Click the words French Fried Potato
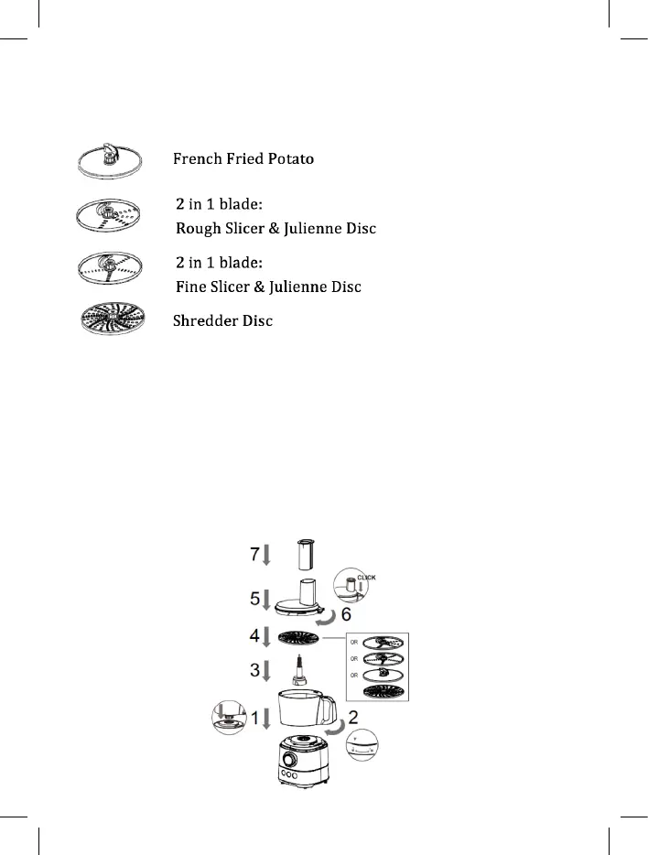243,159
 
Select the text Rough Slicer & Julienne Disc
275,227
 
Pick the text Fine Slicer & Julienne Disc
268,287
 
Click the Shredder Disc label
223,321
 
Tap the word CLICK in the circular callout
365,578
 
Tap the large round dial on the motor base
288,760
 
